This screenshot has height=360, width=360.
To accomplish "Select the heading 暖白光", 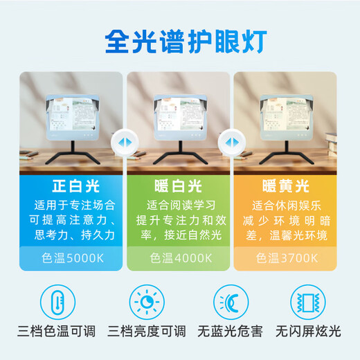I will coord(179,186).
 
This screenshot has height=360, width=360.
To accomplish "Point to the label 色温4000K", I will coord(179,258).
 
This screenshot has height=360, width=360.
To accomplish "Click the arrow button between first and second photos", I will coord(125,141).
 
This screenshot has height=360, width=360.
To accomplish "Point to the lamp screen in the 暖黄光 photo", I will coord(289,118).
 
